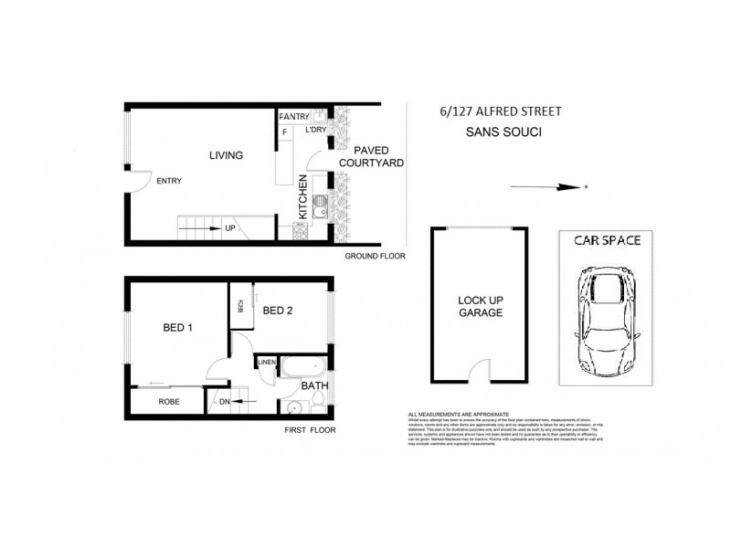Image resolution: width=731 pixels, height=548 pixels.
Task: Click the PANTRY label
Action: click(x=294, y=117)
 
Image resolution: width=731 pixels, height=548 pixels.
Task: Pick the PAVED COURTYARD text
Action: click(x=371, y=156)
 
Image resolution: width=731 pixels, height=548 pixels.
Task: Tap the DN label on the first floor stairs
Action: click(x=223, y=401)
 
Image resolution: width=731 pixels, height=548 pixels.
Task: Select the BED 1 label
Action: click(x=176, y=326)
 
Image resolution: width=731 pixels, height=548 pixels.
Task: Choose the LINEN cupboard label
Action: click(x=267, y=364)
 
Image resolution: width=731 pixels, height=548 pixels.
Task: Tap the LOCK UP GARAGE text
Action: click(x=479, y=305)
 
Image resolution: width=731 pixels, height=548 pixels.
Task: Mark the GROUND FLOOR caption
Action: click(x=375, y=258)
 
